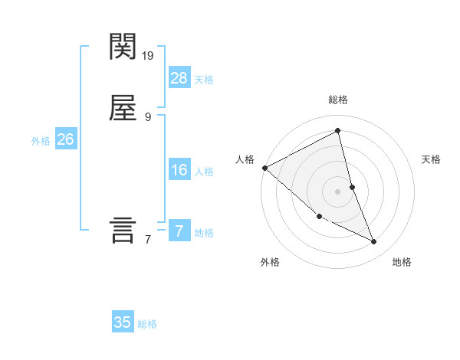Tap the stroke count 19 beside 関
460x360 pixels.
click(x=149, y=55)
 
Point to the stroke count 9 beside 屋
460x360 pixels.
click(x=148, y=117)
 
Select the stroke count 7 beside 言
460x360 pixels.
click(x=148, y=240)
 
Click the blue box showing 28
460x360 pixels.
click(x=179, y=77)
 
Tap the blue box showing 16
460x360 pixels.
click(x=179, y=170)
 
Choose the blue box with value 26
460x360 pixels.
click(x=65, y=139)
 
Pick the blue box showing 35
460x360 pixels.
click(x=123, y=322)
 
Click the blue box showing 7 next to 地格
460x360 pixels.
click(x=179, y=231)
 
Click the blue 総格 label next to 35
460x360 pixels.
click(x=147, y=324)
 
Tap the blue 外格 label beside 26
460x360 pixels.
click(x=41, y=141)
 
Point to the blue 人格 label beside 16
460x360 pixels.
click(x=204, y=172)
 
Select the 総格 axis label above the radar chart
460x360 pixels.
click(x=338, y=100)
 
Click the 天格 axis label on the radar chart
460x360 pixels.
click(x=431, y=159)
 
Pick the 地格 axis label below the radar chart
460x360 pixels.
click(x=402, y=262)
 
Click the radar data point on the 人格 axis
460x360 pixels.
click(x=264, y=168)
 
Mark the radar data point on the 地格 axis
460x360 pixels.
click(x=374, y=242)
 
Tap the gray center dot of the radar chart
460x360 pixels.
click(x=337, y=191)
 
